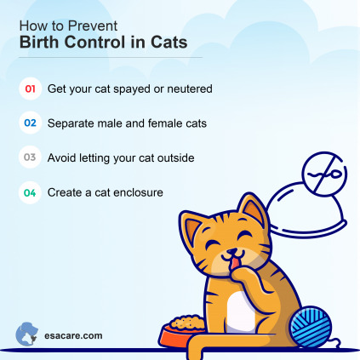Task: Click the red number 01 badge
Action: [x=30, y=88]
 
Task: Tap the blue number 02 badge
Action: [x=30, y=123]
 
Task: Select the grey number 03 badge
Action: [x=30, y=157]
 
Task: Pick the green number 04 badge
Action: [x=30, y=193]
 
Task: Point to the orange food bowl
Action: [x=182, y=328]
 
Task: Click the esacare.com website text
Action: [x=73, y=334]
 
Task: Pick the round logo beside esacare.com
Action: [x=27, y=333]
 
